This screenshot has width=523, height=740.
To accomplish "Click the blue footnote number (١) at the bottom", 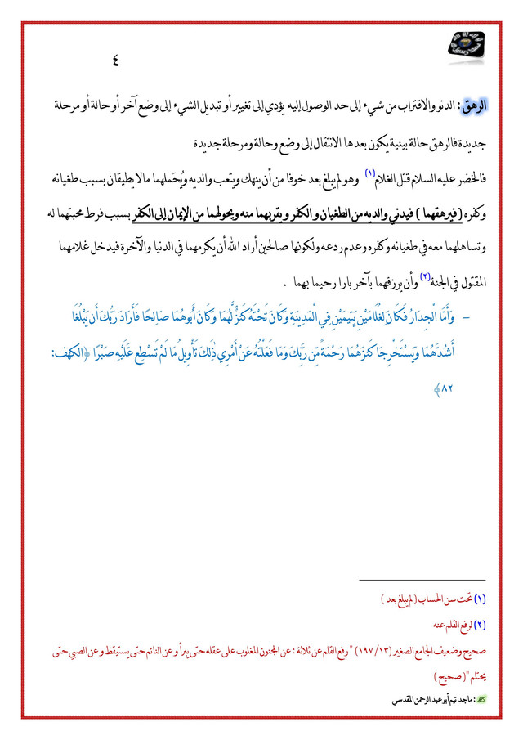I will [x=480, y=599].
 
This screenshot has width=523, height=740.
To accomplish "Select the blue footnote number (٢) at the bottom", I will [x=480, y=626].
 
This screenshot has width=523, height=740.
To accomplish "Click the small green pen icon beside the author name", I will [x=481, y=702].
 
